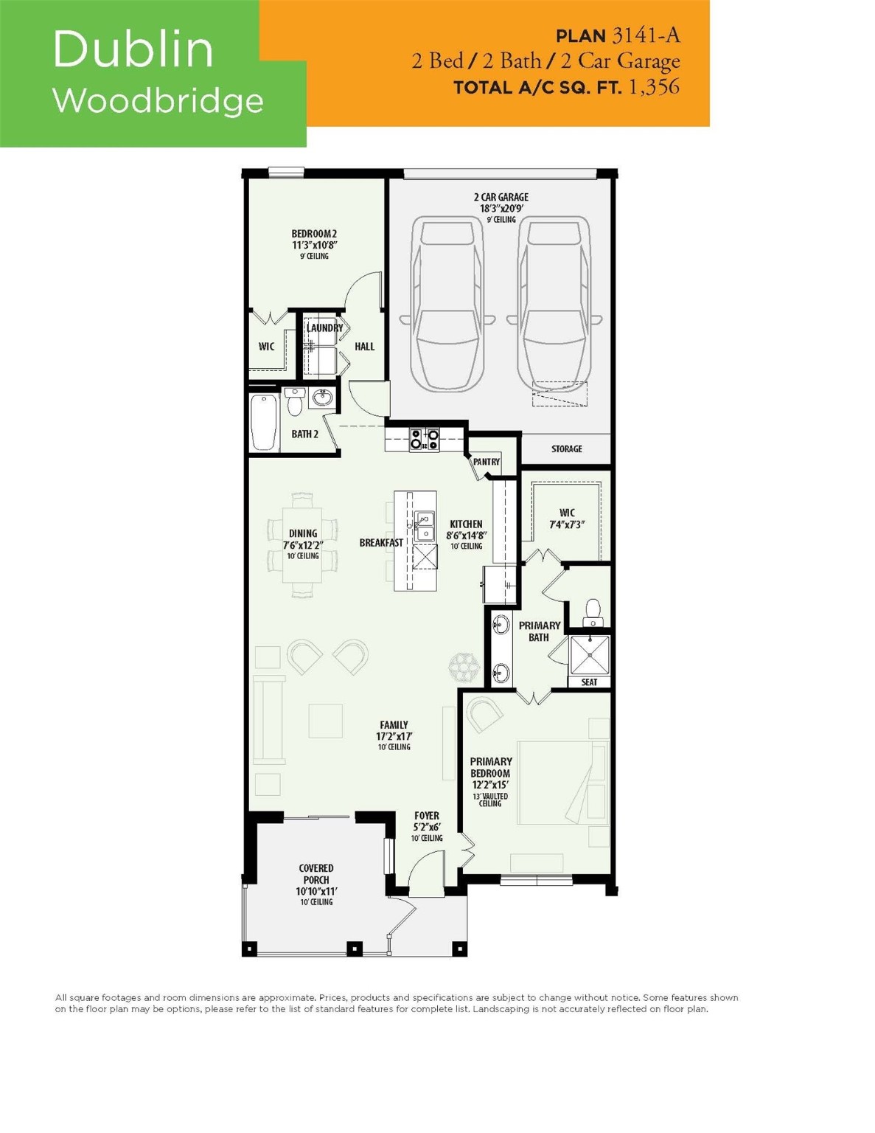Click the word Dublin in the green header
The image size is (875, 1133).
tap(133, 49)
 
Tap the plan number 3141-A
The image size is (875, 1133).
tap(645, 35)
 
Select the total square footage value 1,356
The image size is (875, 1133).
tap(653, 87)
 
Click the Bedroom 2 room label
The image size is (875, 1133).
tap(314, 234)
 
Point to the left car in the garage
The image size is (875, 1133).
tap(447, 303)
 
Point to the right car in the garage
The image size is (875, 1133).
tap(553, 303)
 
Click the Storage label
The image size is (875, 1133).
tap(566, 448)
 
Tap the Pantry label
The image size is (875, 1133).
tap(486, 462)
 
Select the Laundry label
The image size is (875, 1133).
tap(324, 328)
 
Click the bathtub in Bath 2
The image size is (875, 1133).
tap(264, 422)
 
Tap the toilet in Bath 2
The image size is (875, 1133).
tap(294, 403)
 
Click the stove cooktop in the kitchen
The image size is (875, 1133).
tap(425, 440)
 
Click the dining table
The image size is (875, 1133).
tap(303, 544)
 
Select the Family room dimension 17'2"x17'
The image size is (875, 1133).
tap(394, 736)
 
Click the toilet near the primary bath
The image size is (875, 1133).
tap(593, 611)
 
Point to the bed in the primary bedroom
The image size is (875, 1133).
tap(560, 782)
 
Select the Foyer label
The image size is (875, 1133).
tap(427, 816)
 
